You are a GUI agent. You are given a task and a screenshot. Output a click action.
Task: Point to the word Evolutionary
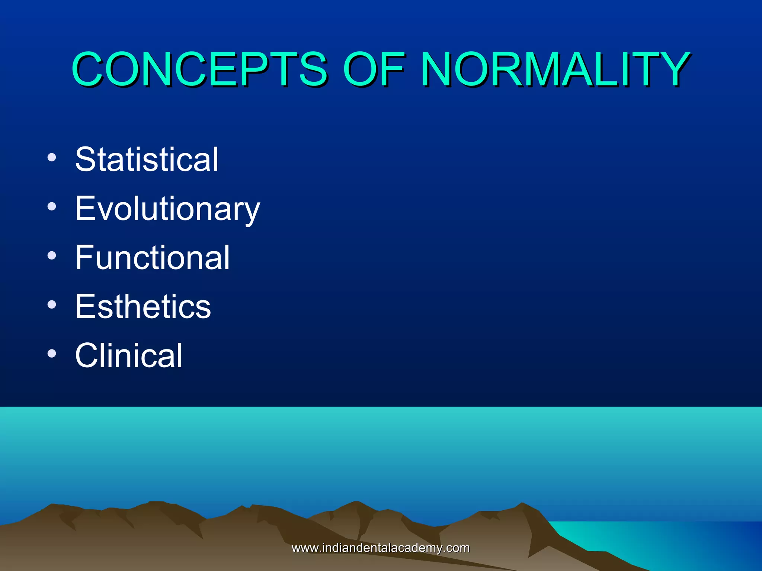coord(167,209)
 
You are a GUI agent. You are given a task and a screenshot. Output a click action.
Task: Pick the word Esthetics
coord(143,306)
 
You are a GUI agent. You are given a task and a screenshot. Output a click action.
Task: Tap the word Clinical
coord(129,355)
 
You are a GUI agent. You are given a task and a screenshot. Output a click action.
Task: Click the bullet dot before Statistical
coord(52,157)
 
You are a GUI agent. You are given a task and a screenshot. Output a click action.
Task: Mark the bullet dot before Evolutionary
coord(52,206)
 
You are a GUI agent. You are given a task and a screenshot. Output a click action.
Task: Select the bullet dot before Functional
coord(52,255)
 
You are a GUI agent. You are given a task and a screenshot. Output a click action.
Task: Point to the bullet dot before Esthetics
coord(52,304)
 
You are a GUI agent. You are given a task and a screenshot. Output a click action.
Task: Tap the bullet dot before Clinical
coord(52,354)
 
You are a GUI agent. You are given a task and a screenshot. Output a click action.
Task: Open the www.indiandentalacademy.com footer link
coord(380,548)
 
